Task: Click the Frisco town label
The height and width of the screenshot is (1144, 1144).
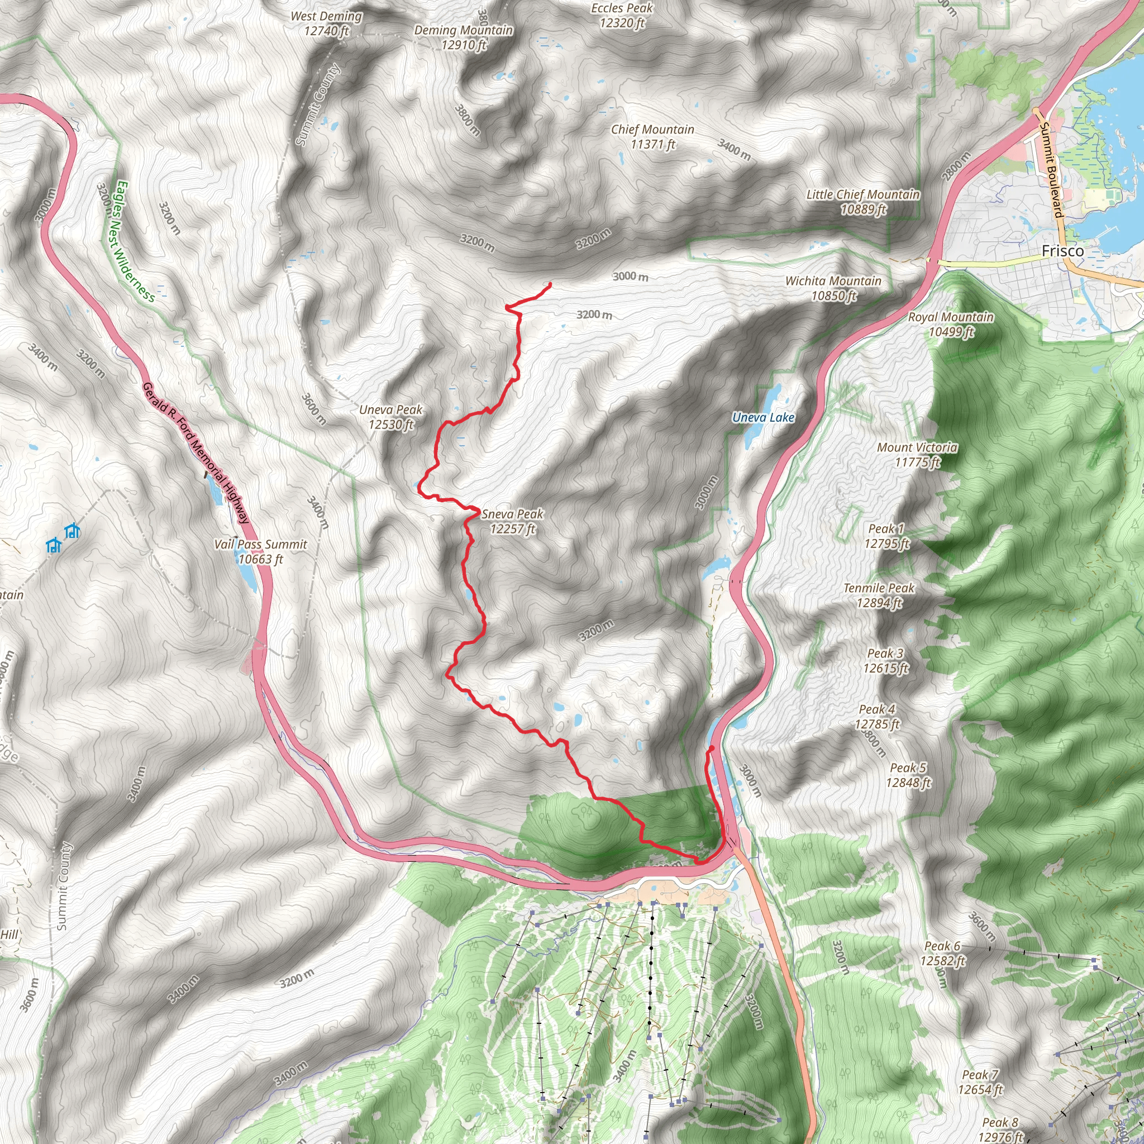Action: click(1062, 251)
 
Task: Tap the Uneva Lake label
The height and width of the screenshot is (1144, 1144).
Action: click(762, 417)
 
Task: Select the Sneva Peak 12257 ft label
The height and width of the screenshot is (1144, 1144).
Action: click(512, 521)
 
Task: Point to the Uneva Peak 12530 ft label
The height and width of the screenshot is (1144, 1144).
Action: click(391, 417)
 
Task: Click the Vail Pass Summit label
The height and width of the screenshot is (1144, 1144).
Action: click(260, 551)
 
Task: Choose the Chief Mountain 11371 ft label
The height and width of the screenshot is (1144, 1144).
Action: click(652, 137)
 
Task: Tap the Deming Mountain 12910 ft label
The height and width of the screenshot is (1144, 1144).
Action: click(463, 37)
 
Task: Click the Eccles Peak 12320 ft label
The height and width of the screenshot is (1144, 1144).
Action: click(622, 16)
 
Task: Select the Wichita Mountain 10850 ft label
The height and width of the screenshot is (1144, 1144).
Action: click(833, 288)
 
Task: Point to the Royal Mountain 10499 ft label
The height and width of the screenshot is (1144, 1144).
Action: click(950, 324)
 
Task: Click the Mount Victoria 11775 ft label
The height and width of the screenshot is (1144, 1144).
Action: click(917, 454)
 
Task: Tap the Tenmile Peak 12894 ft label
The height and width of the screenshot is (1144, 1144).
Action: click(879, 595)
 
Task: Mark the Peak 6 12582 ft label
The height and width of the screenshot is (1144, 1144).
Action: click(943, 954)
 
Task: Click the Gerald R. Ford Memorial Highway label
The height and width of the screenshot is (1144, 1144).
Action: click(195, 453)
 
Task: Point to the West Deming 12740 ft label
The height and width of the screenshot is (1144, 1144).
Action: click(326, 23)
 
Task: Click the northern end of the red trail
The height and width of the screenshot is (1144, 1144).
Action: click(551, 284)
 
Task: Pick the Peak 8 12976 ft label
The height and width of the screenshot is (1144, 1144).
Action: click(1000, 1128)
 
